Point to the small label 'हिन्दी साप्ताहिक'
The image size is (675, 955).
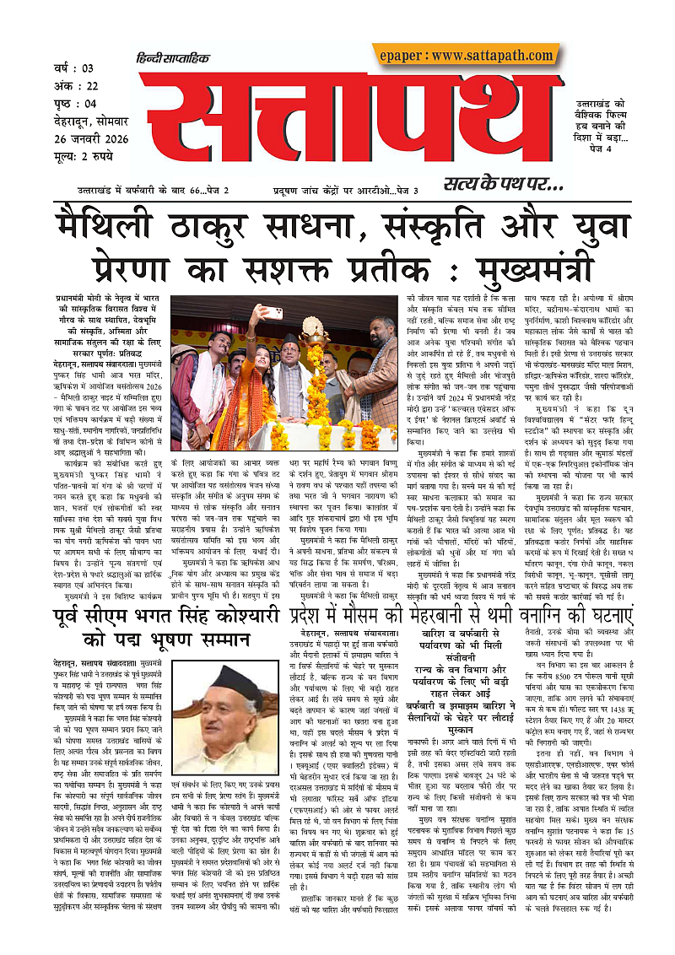pyautogui.click(x=171, y=59)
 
